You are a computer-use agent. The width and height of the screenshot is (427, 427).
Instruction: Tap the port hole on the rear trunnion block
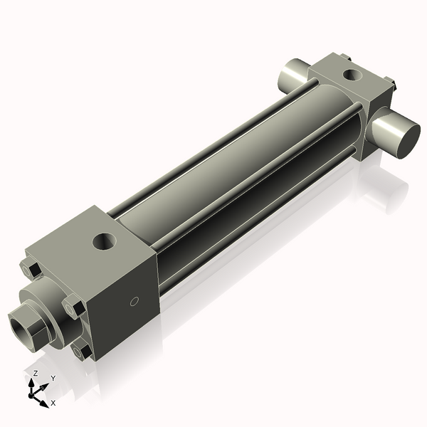coord(351,73)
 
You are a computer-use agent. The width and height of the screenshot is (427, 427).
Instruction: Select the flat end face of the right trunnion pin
coord(396,135)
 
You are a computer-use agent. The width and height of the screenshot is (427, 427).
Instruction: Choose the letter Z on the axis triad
coord(36,374)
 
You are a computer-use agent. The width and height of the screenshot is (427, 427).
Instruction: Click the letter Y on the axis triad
coord(53,379)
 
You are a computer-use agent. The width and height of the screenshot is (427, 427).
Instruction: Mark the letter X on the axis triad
coord(53,404)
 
